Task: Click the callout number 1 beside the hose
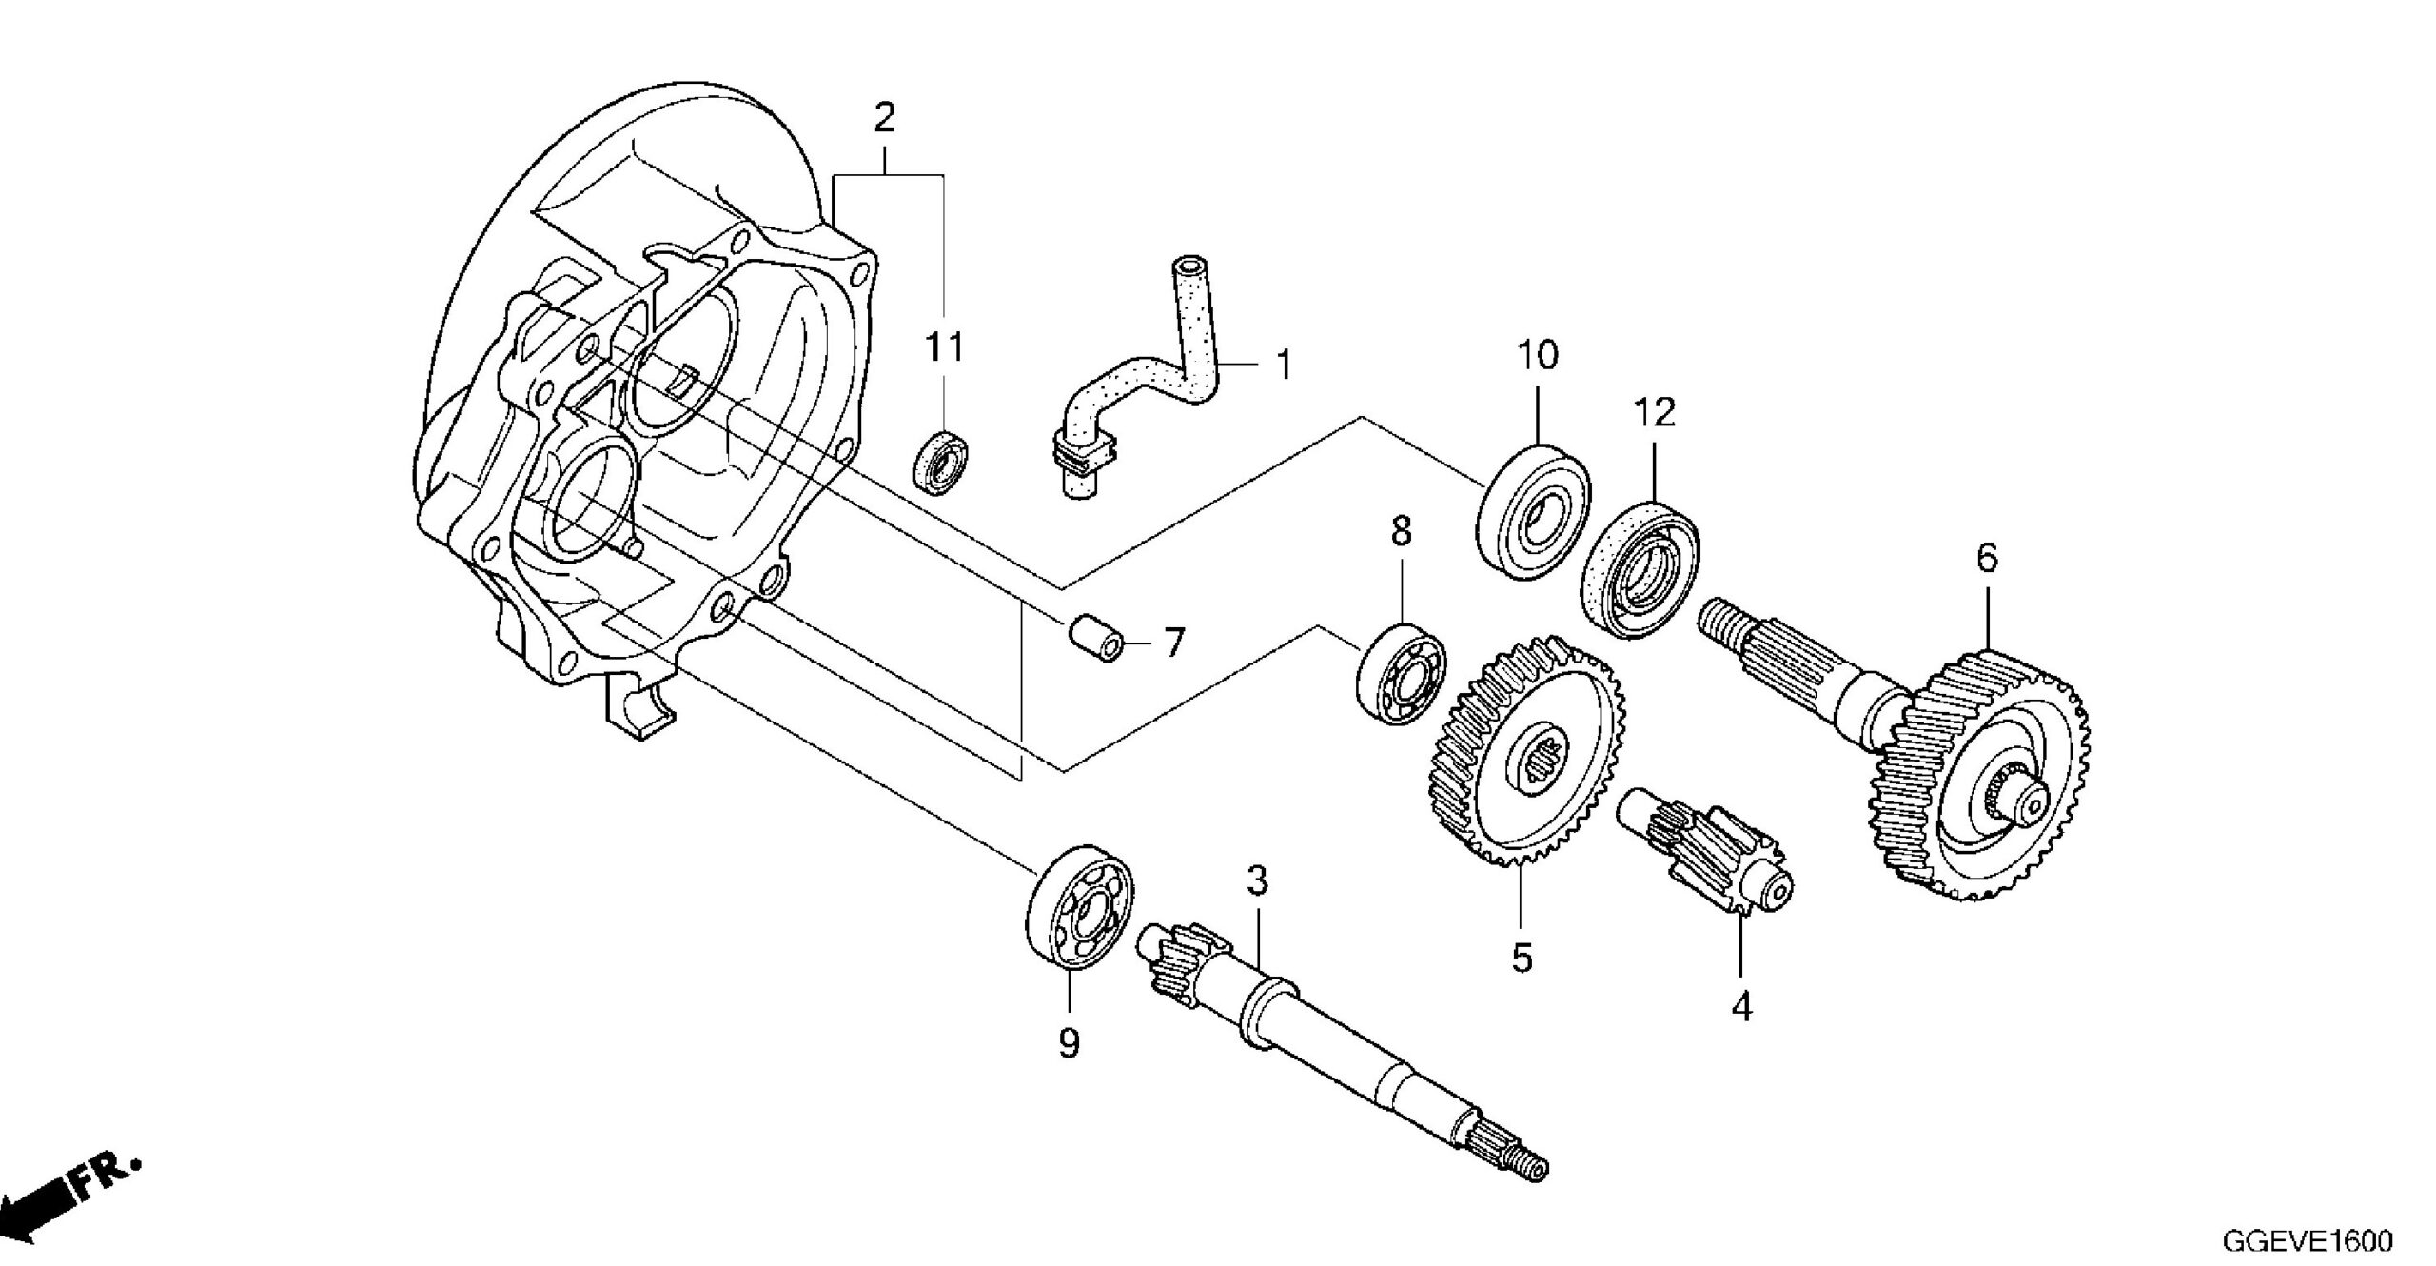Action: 1284,365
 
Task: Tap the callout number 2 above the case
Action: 884,118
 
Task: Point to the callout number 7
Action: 1173,643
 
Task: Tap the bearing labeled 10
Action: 1534,511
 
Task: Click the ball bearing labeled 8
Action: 1401,673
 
